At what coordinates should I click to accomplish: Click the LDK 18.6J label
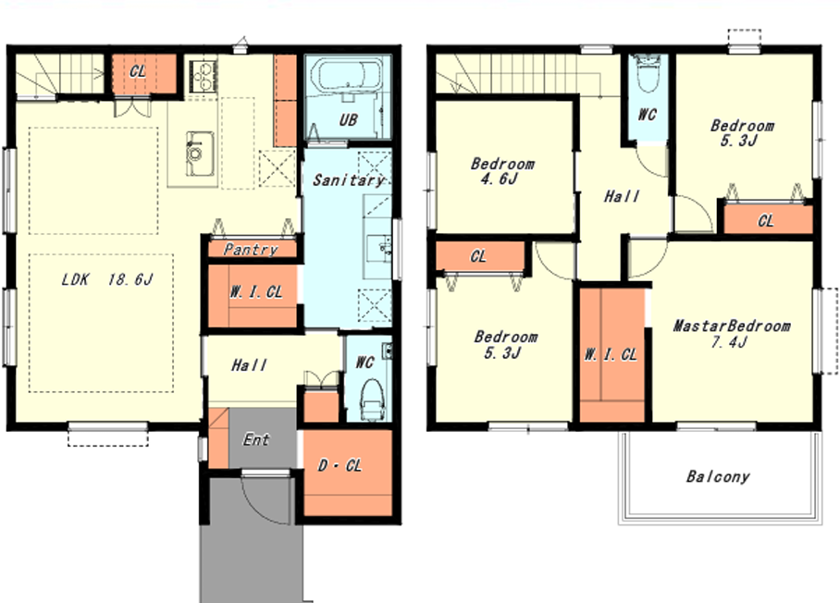coord(107,279)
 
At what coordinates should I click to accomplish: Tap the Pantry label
coord(251,250)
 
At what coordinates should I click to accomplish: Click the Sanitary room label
coord(349,180)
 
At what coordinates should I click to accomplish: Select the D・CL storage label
coord(340,465)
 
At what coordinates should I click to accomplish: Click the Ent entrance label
coord(256,439)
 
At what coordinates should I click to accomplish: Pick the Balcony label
coord(718,476)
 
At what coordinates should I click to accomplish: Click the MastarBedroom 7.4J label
coord(731,334)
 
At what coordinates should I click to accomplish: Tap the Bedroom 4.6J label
coord(502,171)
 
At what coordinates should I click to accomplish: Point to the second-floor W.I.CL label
coord(611,354)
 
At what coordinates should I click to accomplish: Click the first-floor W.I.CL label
coord(256,292)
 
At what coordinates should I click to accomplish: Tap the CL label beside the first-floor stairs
coord(138,71)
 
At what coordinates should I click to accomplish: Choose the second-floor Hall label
coord(622,197)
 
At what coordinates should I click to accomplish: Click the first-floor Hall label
coord(249,365)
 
